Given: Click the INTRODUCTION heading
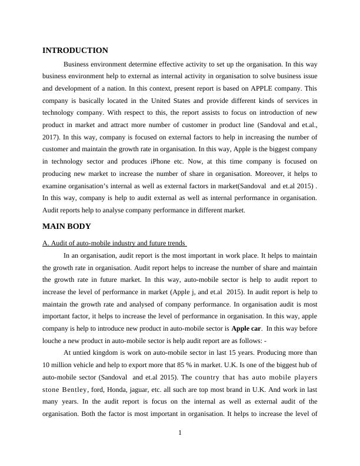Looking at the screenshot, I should pyautogui.click(x=75, y=51).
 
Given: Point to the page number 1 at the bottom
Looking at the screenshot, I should pyautogui.click(x=180, y=434).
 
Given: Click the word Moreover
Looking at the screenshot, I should pyautogui.click(x=266, y=173).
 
